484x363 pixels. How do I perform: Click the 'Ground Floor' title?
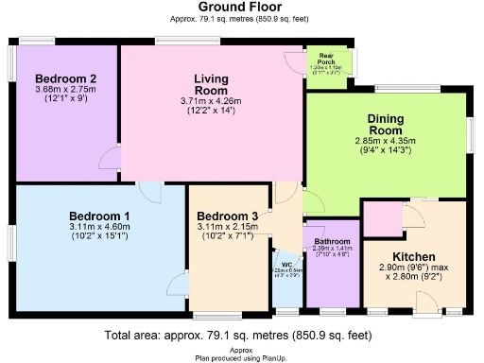pos(241,7)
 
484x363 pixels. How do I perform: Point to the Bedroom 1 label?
pos(99,216)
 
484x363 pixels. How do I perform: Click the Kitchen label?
pos(413,257)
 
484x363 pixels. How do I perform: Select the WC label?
pos(285,265)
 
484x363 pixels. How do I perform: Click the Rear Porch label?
pos(327,59)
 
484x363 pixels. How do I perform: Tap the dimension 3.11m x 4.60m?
pos(99,228)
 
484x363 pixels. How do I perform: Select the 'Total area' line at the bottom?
pos(241,336)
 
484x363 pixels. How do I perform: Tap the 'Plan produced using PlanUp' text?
pos(241,356)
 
